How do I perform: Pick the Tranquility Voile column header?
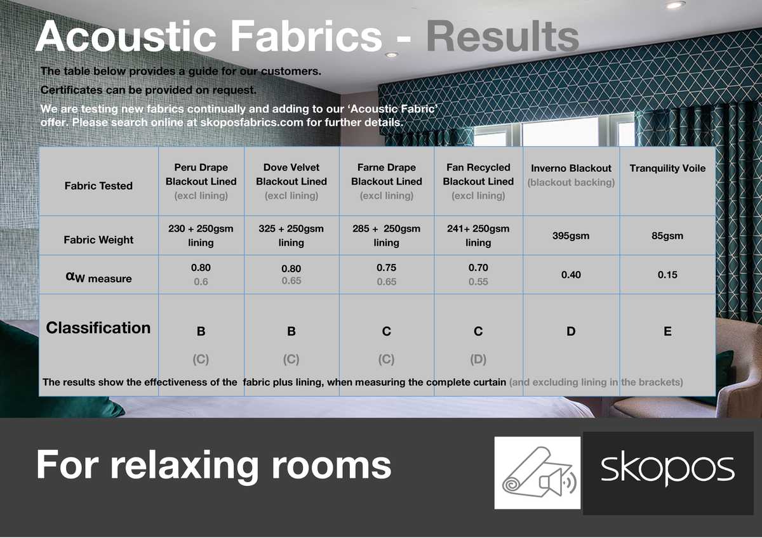(x=667, y=168)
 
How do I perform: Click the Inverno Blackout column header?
(x=571, y=169)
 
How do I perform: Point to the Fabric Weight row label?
(x=98, y=240)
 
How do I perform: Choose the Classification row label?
(x=98, y=328)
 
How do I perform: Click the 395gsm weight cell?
(x=571, y=236)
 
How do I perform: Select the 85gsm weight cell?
(x=667, y=236)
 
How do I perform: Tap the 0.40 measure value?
(x=571, y=275)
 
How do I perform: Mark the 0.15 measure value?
(x=667, y=275)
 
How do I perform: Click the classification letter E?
(x=667, y=332)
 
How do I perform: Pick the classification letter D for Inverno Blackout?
(x=571, y=332)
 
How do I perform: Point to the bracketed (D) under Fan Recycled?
(x=478, y=360)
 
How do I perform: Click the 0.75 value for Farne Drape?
(x=386, y=268)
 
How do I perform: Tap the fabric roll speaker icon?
(x=538, y=473)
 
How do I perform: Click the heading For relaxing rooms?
(x=213, y=464)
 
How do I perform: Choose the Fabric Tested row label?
(x=98, y=186)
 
